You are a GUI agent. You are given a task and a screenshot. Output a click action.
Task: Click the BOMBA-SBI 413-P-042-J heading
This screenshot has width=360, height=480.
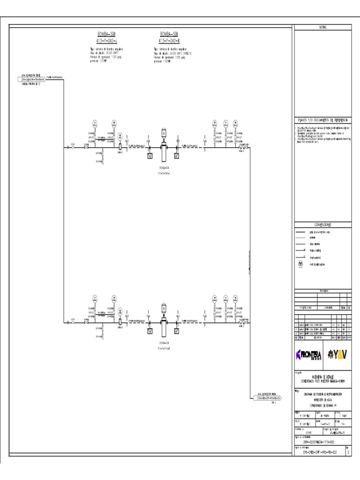(x=103, y=37)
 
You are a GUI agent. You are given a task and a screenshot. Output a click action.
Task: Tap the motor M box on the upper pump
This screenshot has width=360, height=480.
(x=164, y=133)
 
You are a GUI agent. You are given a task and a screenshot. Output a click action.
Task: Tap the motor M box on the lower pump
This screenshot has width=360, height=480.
(x=164, y=308)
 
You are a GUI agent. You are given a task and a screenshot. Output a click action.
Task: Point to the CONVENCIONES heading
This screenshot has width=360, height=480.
(x=322, y=224)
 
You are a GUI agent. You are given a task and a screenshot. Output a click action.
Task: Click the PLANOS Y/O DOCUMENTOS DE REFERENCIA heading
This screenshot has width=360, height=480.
(x=322, y=120)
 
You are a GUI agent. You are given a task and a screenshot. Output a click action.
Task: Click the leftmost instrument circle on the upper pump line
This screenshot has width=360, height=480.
(x=94, y=124)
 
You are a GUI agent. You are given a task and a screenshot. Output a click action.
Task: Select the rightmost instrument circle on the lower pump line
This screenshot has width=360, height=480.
(x=237, y=299)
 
